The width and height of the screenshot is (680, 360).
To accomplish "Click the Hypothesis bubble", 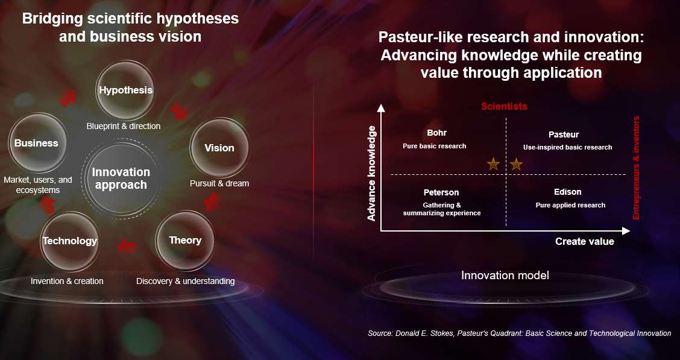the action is [x=125, y=90].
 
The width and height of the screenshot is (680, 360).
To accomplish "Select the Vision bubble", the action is [x=219, y=148].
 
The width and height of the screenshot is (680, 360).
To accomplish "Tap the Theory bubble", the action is [x=185, y=240].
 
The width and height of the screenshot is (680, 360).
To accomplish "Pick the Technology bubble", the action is [x=69, y=241].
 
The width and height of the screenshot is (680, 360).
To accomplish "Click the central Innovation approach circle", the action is [x=121, y=178].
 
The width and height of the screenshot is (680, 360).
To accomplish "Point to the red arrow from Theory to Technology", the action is [x=127, y=247].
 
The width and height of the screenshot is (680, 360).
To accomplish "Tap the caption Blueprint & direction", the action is [x=124, y=126].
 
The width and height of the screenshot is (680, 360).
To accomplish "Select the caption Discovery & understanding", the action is [x=186, y=281].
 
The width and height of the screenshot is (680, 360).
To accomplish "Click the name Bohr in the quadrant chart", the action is [x=436, y=133].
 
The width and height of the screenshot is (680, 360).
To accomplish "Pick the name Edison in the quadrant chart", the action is [x=568, y=192].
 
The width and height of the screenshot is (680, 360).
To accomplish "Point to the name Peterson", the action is [x=441, y=192].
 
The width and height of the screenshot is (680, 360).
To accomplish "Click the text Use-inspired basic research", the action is [x=568, y=147].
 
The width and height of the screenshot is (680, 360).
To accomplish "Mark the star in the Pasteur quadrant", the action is [x=516, y=165].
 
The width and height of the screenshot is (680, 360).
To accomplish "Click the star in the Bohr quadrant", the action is [x=494, y=165].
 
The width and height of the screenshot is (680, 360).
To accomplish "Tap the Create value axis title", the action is [x=585, y=242].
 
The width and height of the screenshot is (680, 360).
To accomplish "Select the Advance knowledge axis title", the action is [x=372, y=173].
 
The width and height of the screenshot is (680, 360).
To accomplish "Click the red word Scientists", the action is [x=505, y=106].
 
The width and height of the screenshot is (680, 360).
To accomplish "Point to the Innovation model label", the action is [x=505, y=275].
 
